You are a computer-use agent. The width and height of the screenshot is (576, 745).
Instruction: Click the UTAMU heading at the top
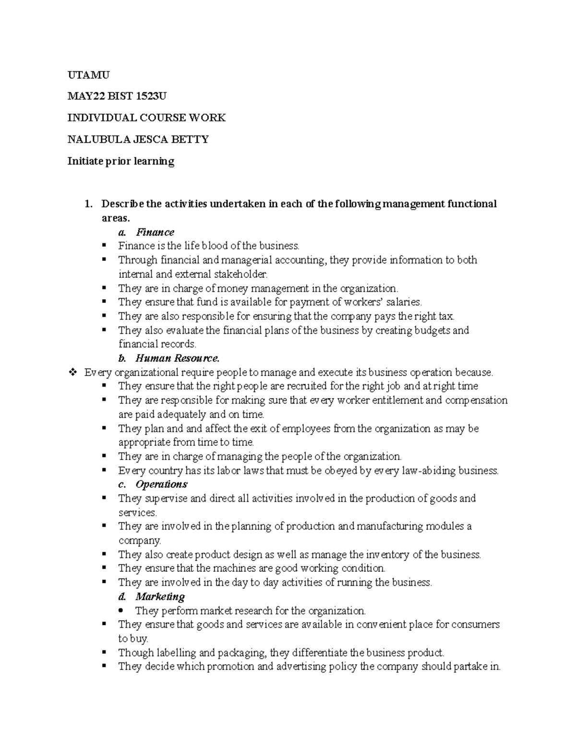[x=88, y=75]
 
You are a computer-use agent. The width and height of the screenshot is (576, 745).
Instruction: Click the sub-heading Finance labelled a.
[x=155, y=232]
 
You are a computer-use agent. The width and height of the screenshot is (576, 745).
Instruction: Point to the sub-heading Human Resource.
[x=177, y=358]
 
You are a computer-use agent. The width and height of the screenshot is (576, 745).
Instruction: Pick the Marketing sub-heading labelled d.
[x=160, y=596]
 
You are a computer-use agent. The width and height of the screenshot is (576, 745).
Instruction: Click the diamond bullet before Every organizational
[x=73, y=372]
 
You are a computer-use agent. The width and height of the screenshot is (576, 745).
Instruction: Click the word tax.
[x=446, y=316]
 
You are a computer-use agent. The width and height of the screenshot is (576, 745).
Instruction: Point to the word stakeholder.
[x=240, y=274]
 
